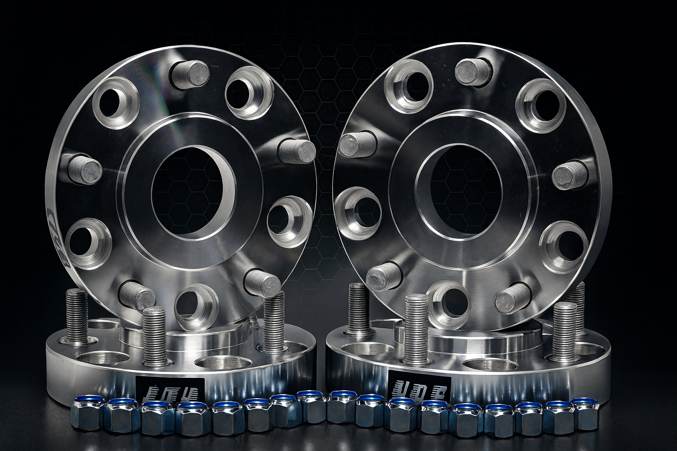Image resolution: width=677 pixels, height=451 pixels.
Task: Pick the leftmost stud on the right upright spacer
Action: pos(357,143)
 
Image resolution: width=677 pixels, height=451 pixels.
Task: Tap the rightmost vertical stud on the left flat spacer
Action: pos(275,322)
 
